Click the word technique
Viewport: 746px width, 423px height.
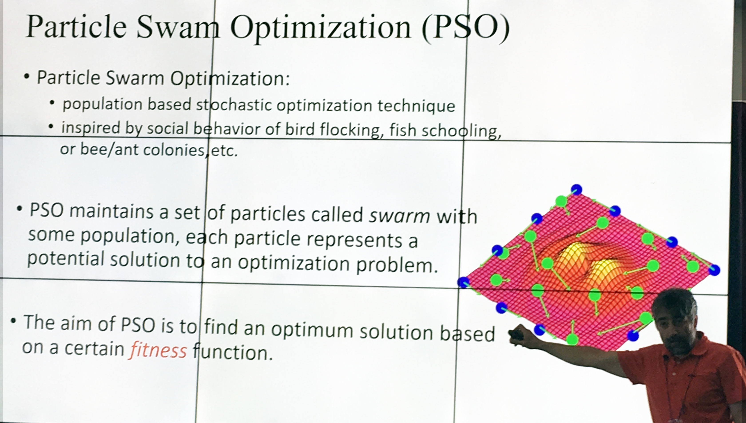point(416,106)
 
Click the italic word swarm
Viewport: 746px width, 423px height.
point(399,216)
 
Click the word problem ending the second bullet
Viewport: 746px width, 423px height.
point(397,265)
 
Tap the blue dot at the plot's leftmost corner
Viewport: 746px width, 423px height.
point(464,282)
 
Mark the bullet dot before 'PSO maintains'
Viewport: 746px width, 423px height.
point(20,209)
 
